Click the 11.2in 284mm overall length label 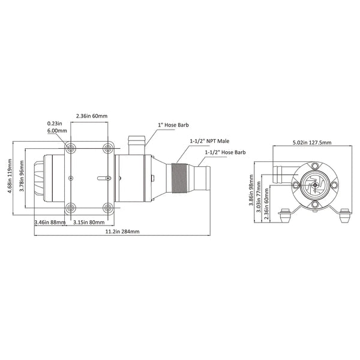(122, 232)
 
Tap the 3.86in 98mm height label (251, 195)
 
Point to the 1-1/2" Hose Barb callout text (225, 153)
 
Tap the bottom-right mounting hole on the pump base (109, 208)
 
